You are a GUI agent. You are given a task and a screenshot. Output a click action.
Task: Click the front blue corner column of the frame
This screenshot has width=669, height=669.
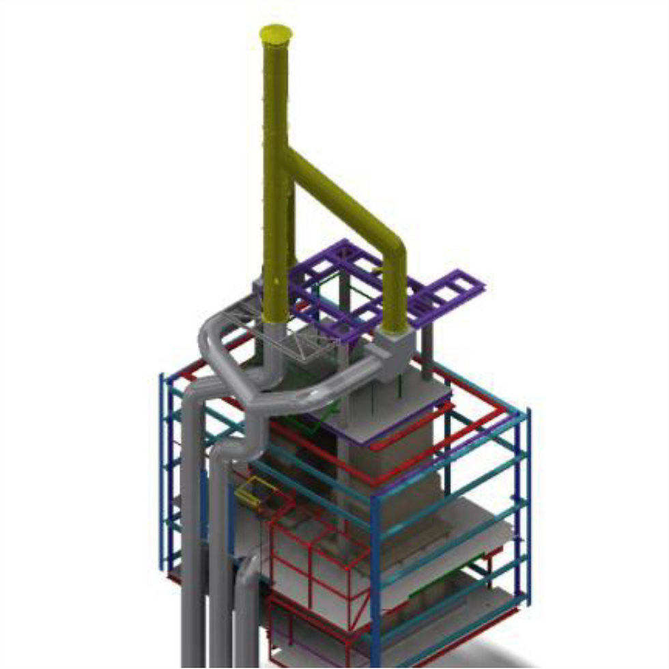point(375,580)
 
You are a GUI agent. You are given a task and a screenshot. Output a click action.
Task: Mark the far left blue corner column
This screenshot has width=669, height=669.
point(164,471)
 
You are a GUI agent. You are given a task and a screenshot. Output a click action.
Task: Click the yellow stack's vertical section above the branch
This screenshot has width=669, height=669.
point(276,96)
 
